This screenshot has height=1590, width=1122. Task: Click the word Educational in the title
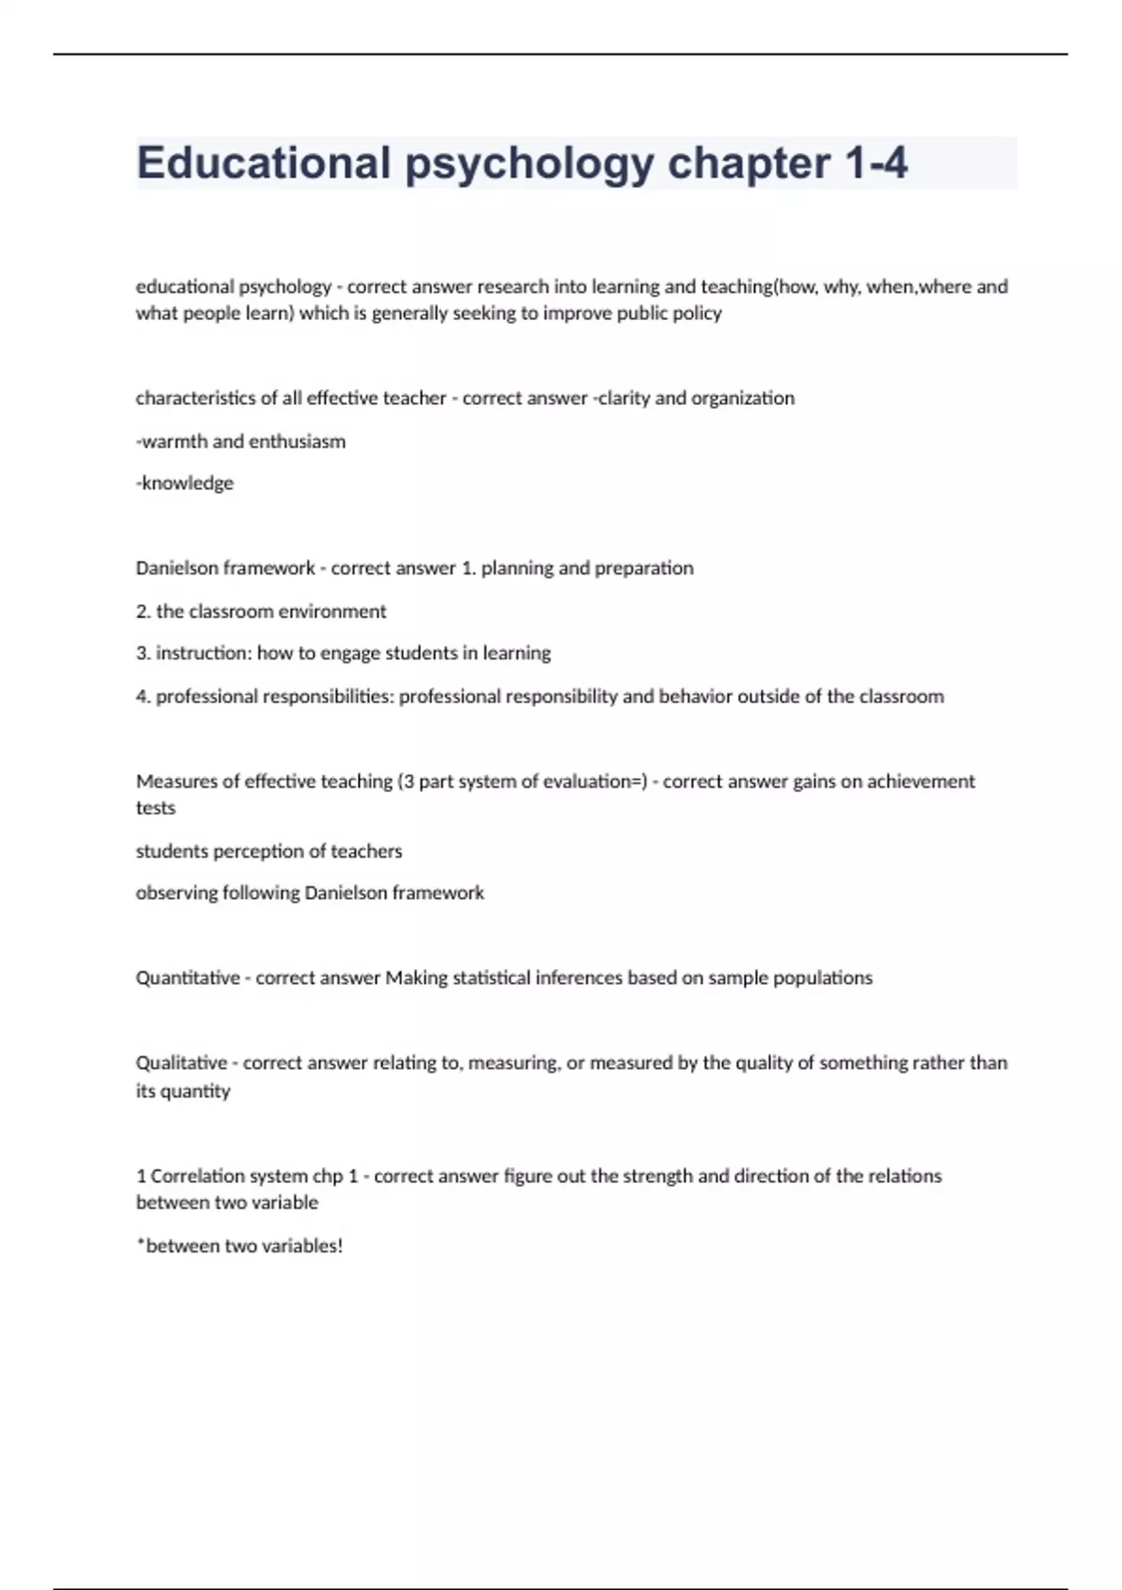click(x=263, y=163)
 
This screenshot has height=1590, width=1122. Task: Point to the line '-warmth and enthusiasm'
click(x=240, y=441)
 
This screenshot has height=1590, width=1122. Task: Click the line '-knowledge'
click(x=184, y=484)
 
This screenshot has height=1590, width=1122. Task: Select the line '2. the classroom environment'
click(x=261, y=612)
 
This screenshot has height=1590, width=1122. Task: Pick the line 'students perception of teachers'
click(x=268, y=851)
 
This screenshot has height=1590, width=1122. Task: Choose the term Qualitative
click(x=181, y=1063)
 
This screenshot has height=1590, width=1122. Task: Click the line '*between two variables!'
click(x=239, y=1246)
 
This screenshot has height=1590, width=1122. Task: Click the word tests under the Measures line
click(x=155, y=808)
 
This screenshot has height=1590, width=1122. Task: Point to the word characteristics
click(x=195, y=398)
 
